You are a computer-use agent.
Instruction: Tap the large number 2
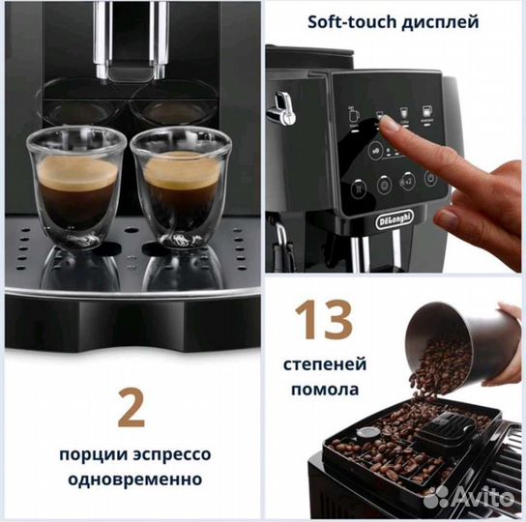131,407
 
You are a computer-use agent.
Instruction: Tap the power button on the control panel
429,181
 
